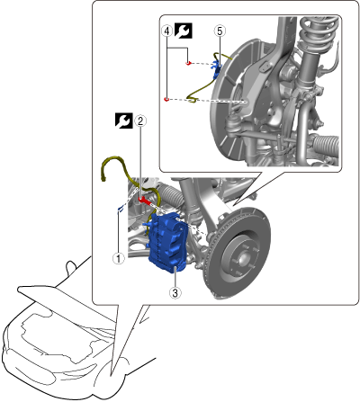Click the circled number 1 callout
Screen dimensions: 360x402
coord(119,258)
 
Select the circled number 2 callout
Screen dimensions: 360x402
coord(140,121)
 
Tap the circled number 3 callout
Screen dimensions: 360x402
coord(175,292)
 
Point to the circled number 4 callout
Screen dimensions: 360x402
coord(167,31)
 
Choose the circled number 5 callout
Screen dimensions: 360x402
coord(220,31)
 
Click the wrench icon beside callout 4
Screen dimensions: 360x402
coord(183,31)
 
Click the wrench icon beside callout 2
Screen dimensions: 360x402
coord(124,121)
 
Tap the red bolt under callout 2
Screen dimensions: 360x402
coord(145,200)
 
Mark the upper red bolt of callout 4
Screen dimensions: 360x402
coord(188,63)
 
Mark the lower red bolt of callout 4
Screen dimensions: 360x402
coord(166,99)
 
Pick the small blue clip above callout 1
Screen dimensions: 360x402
coord(121,209)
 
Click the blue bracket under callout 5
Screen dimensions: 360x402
coord(217,69)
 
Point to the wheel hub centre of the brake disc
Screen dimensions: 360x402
coord(241,257)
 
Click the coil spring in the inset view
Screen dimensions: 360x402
coord(319,33)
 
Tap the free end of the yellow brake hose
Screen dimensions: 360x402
coord(103,180)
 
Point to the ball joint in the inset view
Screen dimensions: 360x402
coord(233,122)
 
